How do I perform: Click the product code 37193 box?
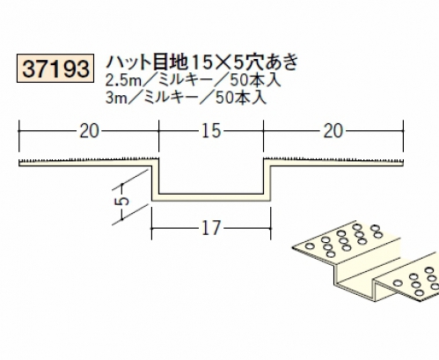point(55,68)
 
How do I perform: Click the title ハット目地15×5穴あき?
point(202,62)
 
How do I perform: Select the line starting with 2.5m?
point(194,80)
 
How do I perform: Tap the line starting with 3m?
point(187,97)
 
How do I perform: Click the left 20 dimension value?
point(89,131)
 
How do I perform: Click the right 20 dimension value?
point(333,131)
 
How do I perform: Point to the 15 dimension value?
point(211,131)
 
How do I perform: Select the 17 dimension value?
point(211,228)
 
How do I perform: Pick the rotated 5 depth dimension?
point(124,201)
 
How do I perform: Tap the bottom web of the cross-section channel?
point(211,197)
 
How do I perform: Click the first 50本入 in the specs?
point(255,80)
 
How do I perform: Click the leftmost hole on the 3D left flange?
point(310,246)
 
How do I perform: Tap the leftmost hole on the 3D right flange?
point(398,283)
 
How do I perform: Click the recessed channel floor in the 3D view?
point(355,288)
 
